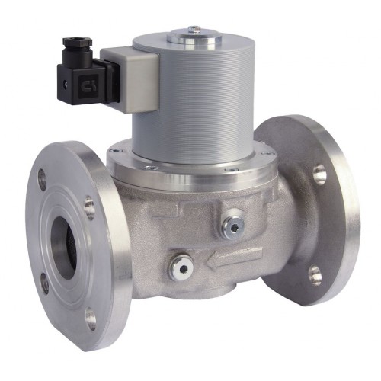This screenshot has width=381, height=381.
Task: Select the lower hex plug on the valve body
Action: (181, 266)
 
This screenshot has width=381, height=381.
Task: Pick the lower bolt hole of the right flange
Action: (315, 274)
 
